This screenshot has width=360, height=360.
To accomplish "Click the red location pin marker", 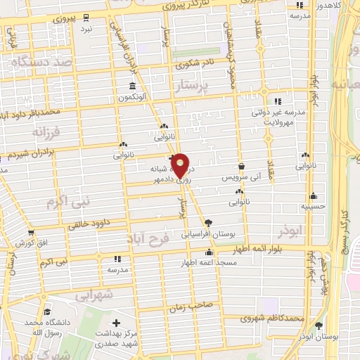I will [180, 165].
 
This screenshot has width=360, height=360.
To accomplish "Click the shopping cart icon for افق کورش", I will [31, 232].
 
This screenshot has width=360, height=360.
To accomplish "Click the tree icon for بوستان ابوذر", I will [320, 326].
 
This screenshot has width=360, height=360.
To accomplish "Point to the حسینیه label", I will [313, 207].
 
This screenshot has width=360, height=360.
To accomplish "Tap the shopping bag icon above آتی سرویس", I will [242, 167].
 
